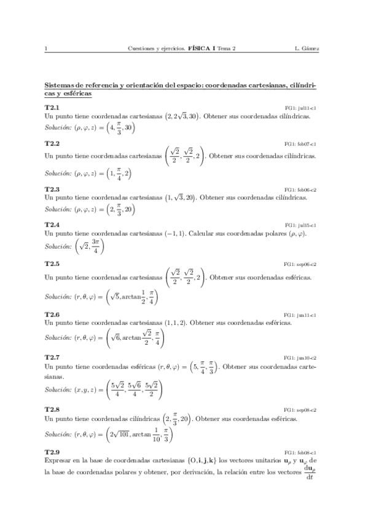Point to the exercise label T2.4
coord(52,226)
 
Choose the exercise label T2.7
coord(52,358)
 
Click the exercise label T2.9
coord(52,452)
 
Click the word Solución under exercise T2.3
coord(58,210)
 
